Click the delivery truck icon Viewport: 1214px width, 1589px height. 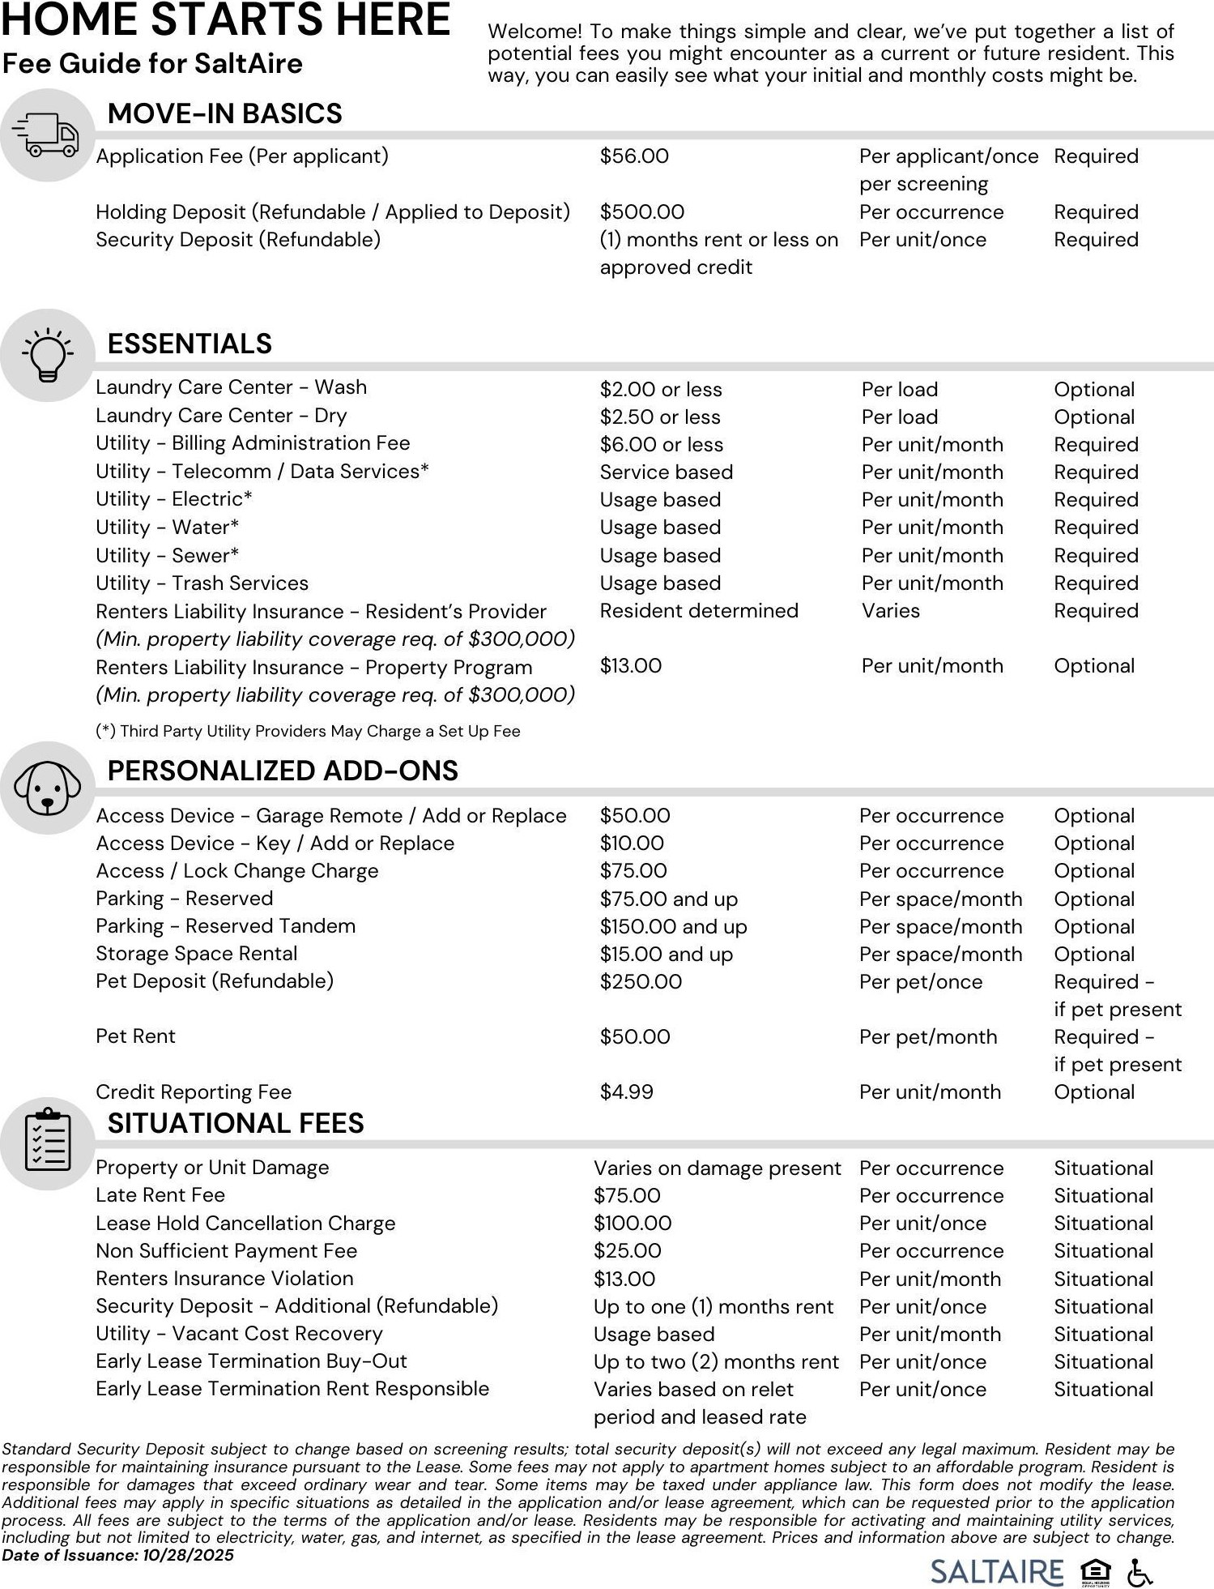[x=47, y=135]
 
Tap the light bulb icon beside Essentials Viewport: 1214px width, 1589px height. [x=47, y=355]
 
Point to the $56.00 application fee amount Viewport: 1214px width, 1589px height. [x=634, y=156]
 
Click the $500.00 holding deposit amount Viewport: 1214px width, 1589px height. [x=641, y=212]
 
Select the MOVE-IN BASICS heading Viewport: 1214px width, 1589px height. [x=224, y=113]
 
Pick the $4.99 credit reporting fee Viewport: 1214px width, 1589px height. [x=626, y=1091]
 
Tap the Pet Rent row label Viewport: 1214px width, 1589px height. [x=135, y=1036]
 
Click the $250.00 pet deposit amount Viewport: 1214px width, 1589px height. [x=641, y=981]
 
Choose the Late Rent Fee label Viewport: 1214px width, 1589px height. [x=160, y=1195]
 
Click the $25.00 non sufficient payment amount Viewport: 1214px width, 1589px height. [x=627, y=1250]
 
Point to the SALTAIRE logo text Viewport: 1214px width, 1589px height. [x=996, y=1572]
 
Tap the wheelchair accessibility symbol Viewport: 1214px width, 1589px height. [x=1139, y=1573]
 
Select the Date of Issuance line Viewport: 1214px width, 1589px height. [x=117, y=1555]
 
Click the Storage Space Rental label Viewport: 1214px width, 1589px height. [x=196, y=954]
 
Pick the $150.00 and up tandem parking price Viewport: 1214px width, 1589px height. [x=673, y=926]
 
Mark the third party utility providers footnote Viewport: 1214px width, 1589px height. [x=308, y=731]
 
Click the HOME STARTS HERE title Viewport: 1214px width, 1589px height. [x=225, y=20]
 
